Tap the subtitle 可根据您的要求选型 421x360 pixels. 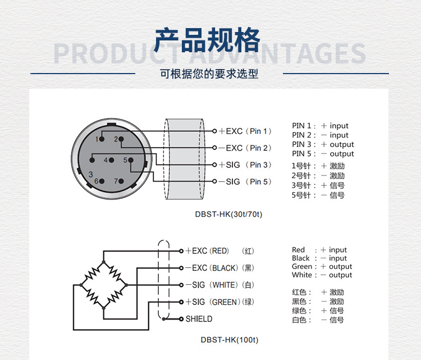(209, 74)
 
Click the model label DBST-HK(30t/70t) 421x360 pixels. (228, 214)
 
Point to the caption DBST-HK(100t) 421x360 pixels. (229, 340)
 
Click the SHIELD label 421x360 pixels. (199, 319)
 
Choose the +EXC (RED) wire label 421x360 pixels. (208, 251)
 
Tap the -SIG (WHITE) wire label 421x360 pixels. (212, 285)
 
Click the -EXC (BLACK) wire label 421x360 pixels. (212, 268)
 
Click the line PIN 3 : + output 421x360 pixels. (323, 144)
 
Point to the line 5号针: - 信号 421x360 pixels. (318, 195)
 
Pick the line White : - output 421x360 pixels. (322, 275)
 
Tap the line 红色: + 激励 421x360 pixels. (318, 292)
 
